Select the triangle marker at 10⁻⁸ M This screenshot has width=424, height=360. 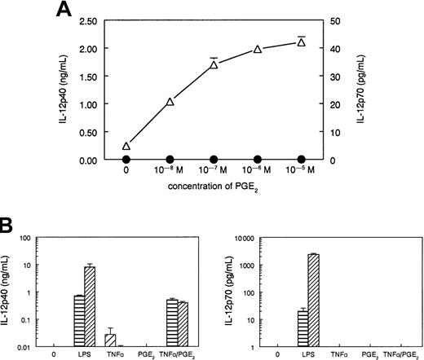click(170, 102)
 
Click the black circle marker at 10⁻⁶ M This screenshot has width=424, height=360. click(258, 159)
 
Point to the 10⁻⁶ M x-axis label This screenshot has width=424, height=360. click(258, 173)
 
